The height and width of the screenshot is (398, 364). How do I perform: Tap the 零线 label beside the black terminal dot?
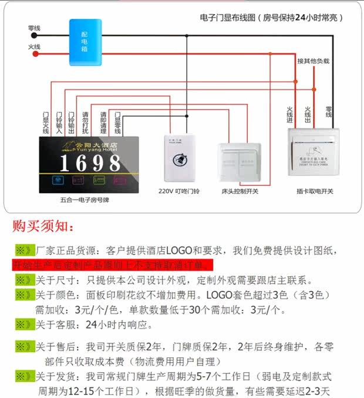(34, 28)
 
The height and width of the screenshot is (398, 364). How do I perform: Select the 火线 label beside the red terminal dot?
(34, 46)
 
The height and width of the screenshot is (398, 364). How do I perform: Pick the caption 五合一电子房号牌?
(85, 200)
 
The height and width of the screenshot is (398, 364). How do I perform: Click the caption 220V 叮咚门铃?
(179, 192)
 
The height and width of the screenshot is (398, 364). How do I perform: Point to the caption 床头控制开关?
(240, 192)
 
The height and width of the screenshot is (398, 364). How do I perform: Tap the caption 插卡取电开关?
(315, 192)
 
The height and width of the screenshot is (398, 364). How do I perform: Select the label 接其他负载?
(313, 61)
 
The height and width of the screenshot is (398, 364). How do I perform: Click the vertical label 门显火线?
(46, 121)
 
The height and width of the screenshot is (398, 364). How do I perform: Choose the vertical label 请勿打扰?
(86, 121)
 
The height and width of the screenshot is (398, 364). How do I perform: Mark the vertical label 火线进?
(289, 115)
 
